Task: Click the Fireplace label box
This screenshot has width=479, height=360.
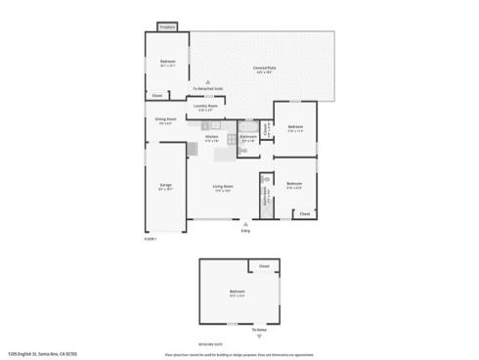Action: (166, 27)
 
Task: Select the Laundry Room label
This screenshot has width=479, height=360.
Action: (205, 107)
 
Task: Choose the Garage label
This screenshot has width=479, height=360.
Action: (166, 185)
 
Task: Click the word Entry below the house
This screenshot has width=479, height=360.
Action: (245, 231)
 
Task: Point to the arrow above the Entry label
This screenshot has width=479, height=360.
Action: (245, 223)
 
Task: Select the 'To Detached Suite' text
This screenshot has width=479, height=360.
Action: (207, 89)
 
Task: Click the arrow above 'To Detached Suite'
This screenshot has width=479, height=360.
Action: (207, 82)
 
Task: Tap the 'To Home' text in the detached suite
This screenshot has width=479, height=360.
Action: (259, 329)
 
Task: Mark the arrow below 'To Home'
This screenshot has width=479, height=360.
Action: (259, 336)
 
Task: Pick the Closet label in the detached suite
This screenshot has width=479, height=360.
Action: (264, 266)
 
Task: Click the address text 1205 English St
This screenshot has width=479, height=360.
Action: (35, 353)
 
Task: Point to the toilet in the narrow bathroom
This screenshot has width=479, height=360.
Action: (264, 181)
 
